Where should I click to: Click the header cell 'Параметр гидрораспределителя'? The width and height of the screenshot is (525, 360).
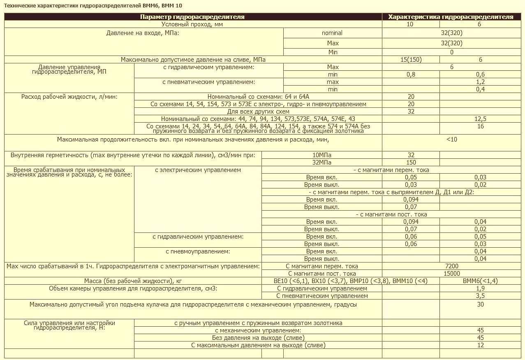(x=192, y=17)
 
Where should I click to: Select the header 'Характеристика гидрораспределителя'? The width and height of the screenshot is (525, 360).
(x=451, y=17)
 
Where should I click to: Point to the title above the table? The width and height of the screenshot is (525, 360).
(x=93, y=5)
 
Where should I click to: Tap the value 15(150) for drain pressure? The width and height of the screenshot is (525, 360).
(x=411, y=60)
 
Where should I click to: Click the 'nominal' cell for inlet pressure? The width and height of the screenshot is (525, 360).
(x=332, y=33)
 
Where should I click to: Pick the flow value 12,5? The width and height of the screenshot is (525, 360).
(x=480, y=119)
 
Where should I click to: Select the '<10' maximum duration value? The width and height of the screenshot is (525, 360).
(x=451, y=139)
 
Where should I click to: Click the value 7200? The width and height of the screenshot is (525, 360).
(x=451, y=266)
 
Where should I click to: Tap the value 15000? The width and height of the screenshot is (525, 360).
(x=451, y=274)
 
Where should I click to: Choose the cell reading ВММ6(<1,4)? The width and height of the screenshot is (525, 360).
(x=480, y=281)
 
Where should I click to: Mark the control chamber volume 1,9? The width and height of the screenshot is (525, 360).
(x=480, y=288)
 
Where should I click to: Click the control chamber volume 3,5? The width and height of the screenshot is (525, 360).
(x=480, y=296)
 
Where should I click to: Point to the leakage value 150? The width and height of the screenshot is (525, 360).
(x=411, y=163)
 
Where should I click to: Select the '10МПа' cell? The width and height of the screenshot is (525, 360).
(x=322, y=155)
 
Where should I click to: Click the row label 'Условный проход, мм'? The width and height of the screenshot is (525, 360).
(x=192, y=24)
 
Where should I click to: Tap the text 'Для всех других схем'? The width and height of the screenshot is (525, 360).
(x=258, y=111)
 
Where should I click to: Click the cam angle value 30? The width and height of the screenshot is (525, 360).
(x=480, y=305)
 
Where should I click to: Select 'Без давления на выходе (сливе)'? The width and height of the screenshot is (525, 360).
(x=258, y=338)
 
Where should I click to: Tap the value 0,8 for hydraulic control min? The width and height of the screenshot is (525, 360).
(x=411, y=74)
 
